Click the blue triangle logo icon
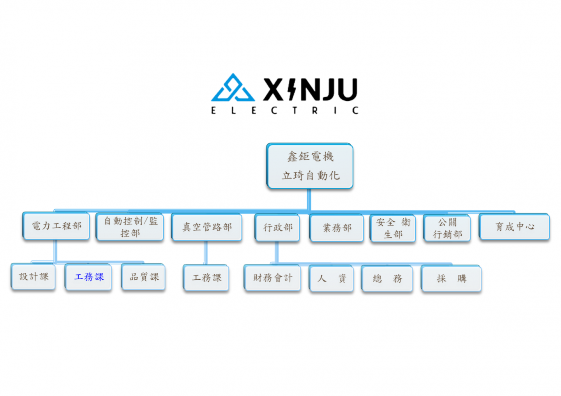[x=233, y=88]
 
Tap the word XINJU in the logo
[x=310, y=89]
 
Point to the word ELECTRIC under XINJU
[x=284, y=110]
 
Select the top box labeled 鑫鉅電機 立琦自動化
[x=310, y=166]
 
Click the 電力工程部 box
[x=56, y=226]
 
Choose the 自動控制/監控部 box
[x=130, y=227]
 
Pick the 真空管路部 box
[x=207, y=227]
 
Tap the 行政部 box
[x=277, y=228]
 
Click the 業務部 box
[x=337, y=228]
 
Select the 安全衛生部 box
[x=393, y=228]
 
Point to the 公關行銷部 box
[x=447, y=228]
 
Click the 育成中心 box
[x=514, y=227]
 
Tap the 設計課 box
[x=34, y=277]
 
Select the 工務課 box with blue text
[x=89, y=277]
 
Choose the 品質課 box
[x=144, y=277]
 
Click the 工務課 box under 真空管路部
[x=206, y=278]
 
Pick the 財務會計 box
[x=272, y=278]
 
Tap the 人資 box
[x=332, y=279]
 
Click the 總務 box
[x=387, y=279]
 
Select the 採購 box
[x=452, y=279]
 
